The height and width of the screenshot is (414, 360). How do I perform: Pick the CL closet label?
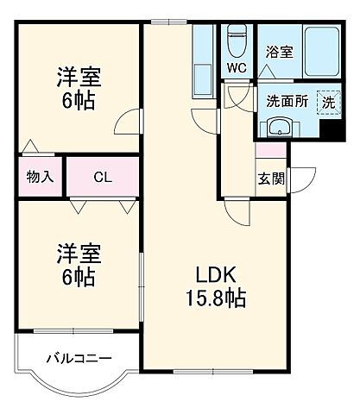[x=103, y=178]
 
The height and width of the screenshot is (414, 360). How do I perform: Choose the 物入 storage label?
[x=39, y=178]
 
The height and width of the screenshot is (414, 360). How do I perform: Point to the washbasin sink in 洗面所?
[x=279, y=128]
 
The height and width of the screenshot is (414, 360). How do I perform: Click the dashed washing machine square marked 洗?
[x=327, y=101]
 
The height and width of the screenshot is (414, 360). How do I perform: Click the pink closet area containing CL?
[x=103, y=178]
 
